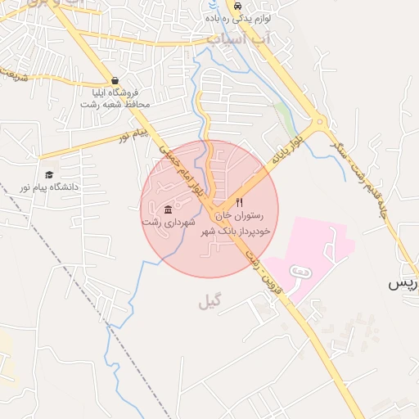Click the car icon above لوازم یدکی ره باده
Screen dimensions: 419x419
[237, 5]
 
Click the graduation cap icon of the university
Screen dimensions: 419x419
[49, 175]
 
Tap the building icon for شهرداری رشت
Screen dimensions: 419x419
[169, 209]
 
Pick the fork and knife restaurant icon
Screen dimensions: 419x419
[239, 202]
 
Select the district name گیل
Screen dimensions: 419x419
[209, 303]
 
